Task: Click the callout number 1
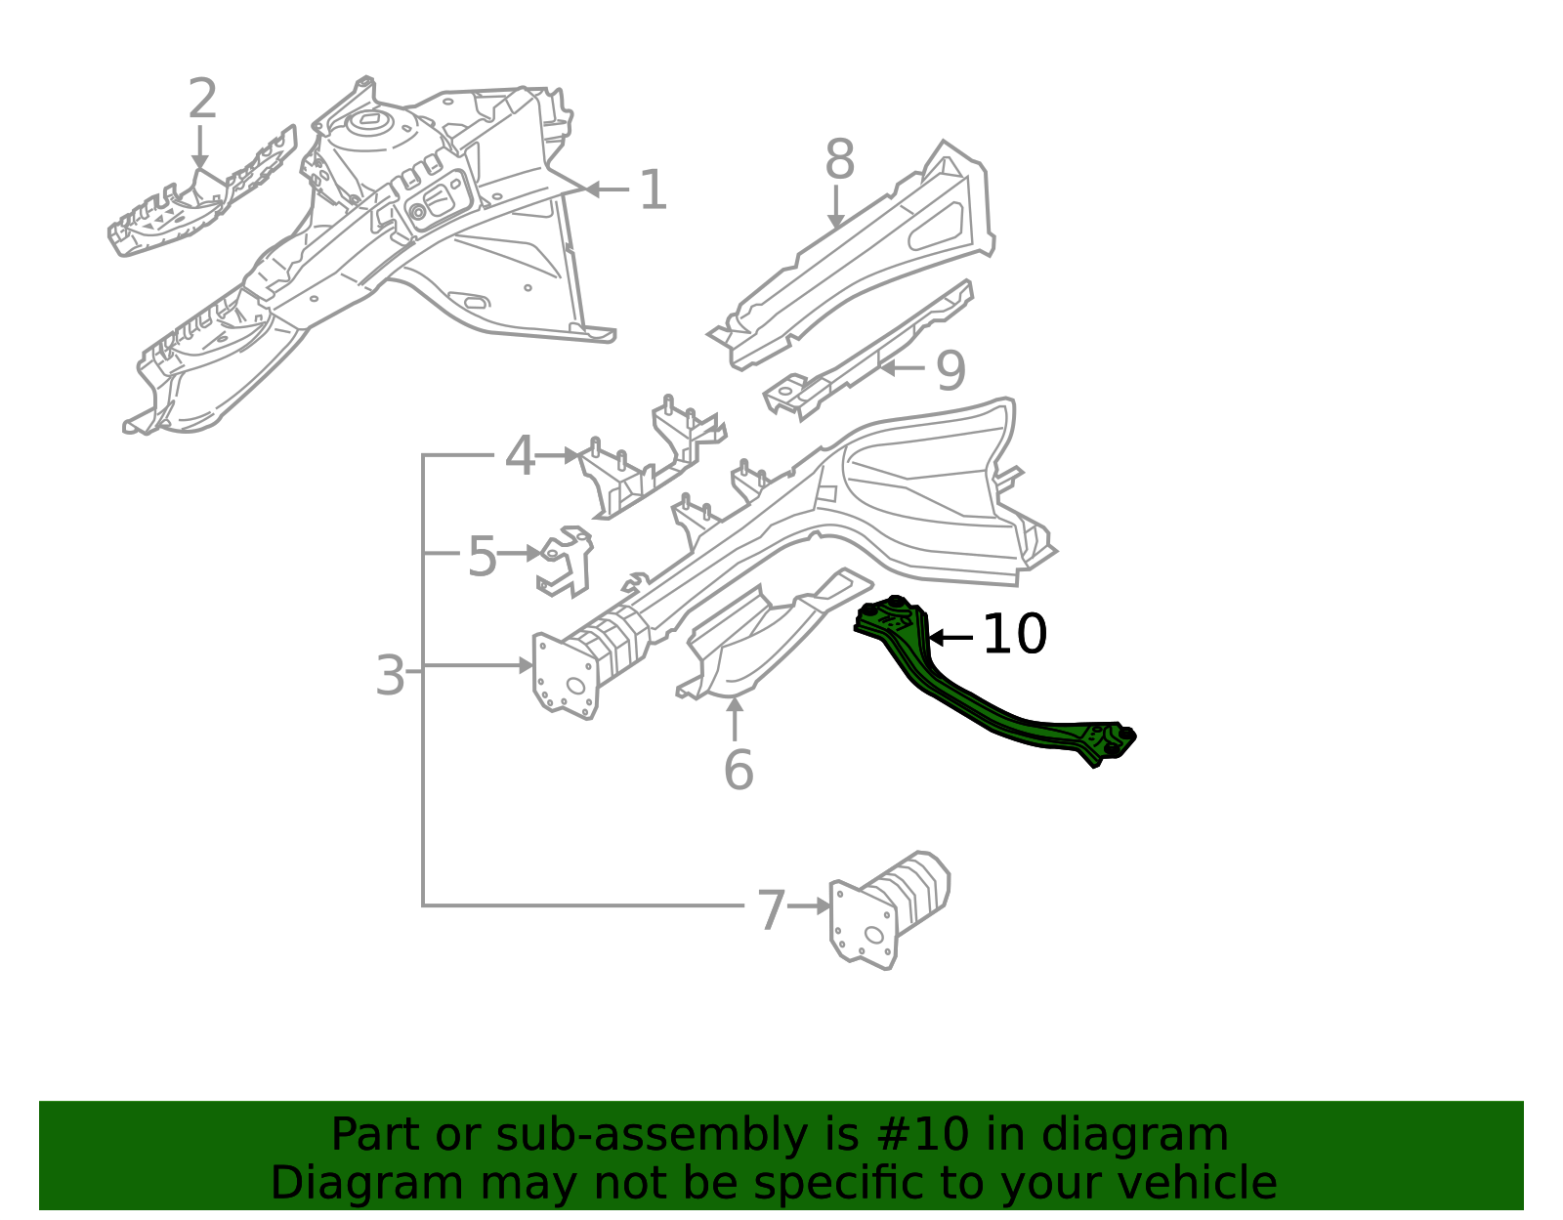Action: click(654, 189)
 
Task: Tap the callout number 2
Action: click(202, 99)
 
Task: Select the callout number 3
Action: click(390, 675)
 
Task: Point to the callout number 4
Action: click(520, 456)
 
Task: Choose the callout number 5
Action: click(482, 556)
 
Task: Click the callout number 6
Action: click(739, 770)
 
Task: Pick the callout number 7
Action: click(771, 910)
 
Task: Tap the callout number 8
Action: click(839, 159)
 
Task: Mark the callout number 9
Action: click(950, 371)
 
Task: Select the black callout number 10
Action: click(1014, 634)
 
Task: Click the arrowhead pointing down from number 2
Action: click(200, 162)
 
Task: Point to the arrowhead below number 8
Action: click(836, 221)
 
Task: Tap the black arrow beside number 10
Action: click(950, 637)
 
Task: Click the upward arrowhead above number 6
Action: click(735, 704)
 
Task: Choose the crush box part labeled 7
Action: click(889, 909)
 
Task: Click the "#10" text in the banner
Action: click(920, 1134)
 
